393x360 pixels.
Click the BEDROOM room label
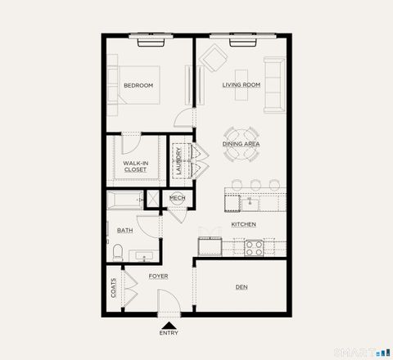tap(138, 85)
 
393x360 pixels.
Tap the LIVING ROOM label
tap(241, 85)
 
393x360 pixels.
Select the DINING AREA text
tap(241, 144)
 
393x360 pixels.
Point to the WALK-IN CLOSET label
tap(135, 166)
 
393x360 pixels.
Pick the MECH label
tap(177, 198)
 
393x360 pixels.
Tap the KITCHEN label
tap(243, 224)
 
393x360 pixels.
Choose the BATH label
tap(124, 231)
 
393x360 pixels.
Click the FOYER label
tap(158, 277)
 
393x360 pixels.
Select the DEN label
tap(242, 287)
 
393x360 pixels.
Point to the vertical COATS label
tap(113, 287)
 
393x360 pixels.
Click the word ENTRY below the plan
tap(169, 333)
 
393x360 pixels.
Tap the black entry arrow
tap(169, 324)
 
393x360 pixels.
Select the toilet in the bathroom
tap(117, 253)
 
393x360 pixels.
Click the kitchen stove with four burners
tap(252, 246)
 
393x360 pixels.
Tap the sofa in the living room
tap(273, 85)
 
